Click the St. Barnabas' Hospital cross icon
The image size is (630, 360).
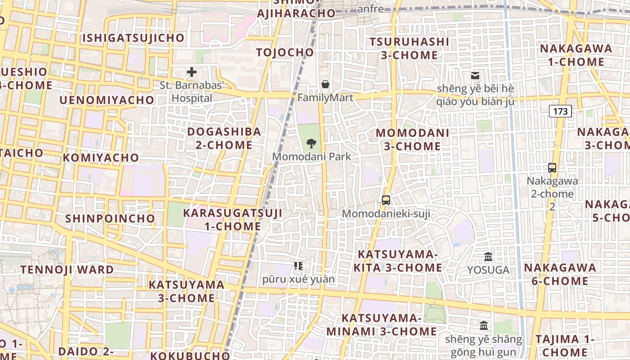[192, 72]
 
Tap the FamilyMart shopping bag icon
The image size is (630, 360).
[325, 84]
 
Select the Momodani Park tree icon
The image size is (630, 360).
[311, 144]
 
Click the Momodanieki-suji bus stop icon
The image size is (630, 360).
[386, 200]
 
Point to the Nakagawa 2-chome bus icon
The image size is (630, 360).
[552, 168]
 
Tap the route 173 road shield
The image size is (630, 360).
[560, 111]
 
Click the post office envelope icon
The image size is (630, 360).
[475, 75]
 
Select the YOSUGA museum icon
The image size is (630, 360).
[488, 257]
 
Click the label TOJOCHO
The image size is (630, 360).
[285, 53]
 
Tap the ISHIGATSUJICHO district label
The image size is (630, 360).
[133, 38]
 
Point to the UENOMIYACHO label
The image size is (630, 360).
[107, 100]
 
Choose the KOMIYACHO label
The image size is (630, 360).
[101, 158]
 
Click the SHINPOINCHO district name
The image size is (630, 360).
[110, 219]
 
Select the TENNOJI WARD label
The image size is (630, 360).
[67, 270]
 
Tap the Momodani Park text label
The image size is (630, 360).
[311, 157]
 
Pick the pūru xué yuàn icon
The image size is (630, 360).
[298, 266]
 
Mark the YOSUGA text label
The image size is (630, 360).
[488, 270]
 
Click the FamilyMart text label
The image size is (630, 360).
[325, 97]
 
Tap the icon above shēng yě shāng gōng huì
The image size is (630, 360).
[484, 325]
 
